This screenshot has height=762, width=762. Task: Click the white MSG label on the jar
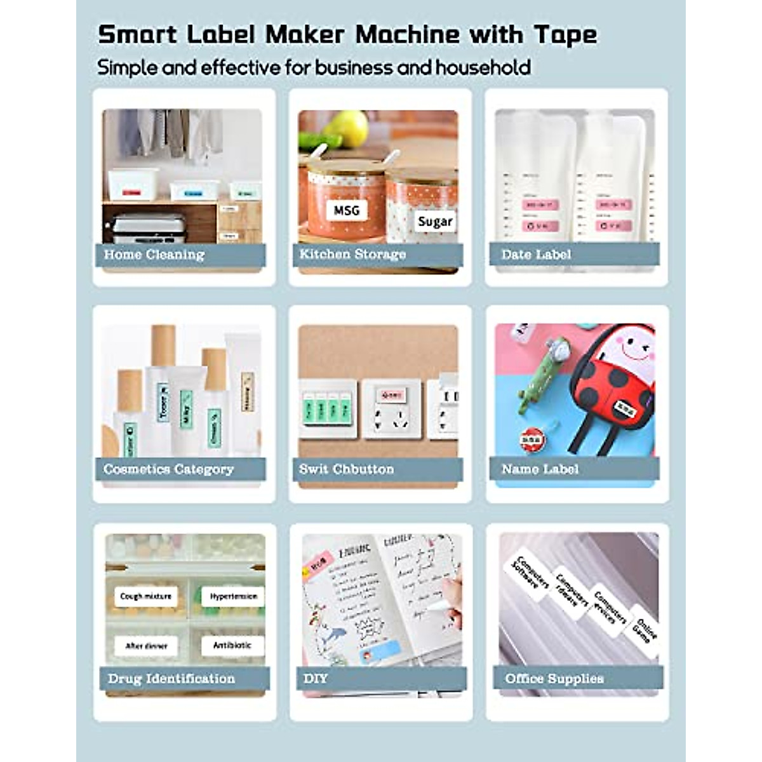[347, 210]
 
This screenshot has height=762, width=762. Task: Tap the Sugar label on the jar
[435, 221]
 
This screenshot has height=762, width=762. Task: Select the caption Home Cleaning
[154, 255]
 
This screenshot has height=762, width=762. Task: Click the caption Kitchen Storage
[352, 254]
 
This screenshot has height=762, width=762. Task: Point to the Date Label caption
[536, 255]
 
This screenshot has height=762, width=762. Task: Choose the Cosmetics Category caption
[168, 469]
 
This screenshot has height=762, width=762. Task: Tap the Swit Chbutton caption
[347, 469]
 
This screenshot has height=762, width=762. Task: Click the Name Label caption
[540, 469]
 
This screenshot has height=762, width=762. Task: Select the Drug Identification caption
[171, 678]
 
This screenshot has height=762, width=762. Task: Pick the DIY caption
[316, 678]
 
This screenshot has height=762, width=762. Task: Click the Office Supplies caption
[554, 678]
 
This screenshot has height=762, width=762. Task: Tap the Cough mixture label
[145, 596]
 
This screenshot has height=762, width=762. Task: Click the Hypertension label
[233, 596]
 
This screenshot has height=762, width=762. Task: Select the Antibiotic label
[232, 645]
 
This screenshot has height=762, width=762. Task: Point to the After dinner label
[146, 646]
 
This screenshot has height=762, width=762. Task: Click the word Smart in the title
[137, 34]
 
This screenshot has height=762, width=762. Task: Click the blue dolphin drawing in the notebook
[333, 635]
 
